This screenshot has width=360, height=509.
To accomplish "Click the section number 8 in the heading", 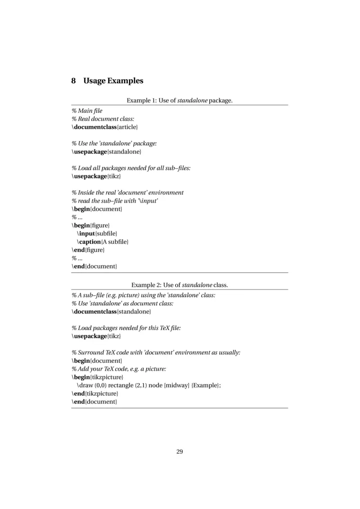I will [74, 81].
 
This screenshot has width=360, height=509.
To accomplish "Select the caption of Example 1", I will [180, 100].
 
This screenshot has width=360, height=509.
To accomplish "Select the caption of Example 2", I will [180, 285].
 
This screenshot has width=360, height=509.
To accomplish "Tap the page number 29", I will [180, 451].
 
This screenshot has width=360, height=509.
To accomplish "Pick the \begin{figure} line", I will [90, 225].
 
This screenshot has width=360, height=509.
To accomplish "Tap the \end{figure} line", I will [88, 250].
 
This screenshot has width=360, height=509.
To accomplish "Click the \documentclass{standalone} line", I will [111, 312].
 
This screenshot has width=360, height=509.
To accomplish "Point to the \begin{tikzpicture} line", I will [97, 377].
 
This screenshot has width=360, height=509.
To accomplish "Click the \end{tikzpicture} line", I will [95, 393].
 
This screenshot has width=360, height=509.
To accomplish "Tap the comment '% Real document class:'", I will [103, 120].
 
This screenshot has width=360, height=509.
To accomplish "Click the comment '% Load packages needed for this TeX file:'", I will [126, 328].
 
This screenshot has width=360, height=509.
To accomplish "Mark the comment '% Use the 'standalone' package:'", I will [114, 144].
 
